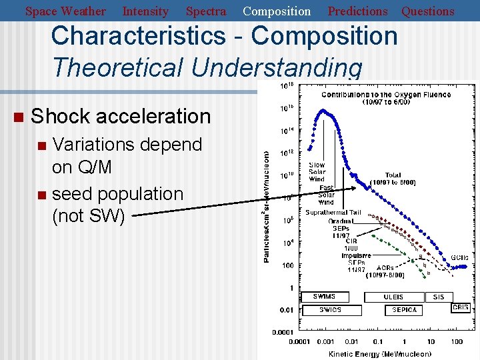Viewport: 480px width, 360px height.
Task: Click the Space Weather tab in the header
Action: [x=65, y=11]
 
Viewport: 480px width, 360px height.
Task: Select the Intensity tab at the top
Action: [x=145, y=11]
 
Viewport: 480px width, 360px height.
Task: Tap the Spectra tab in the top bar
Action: [x=205, y=11]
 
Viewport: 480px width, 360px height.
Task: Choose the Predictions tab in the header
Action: [x=357, y=11]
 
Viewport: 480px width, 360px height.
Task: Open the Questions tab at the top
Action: [x=427, y=11]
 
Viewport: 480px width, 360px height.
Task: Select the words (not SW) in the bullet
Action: [x=88, y=217]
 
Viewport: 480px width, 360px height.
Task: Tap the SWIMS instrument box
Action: [x=324, y=297]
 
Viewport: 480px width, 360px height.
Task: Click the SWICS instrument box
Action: [x=330, y=310]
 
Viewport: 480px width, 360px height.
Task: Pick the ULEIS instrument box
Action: [x=393, y=297]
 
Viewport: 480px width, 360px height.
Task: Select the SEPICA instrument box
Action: [x=404, y=310]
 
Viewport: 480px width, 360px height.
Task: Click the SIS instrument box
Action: [x=439, y=297]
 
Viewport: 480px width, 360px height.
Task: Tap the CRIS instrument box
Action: [x=461, y=307]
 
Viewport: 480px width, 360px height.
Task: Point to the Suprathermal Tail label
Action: [x=333, y=213]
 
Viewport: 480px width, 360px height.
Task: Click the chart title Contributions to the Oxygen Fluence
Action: [x=385, y=95]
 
